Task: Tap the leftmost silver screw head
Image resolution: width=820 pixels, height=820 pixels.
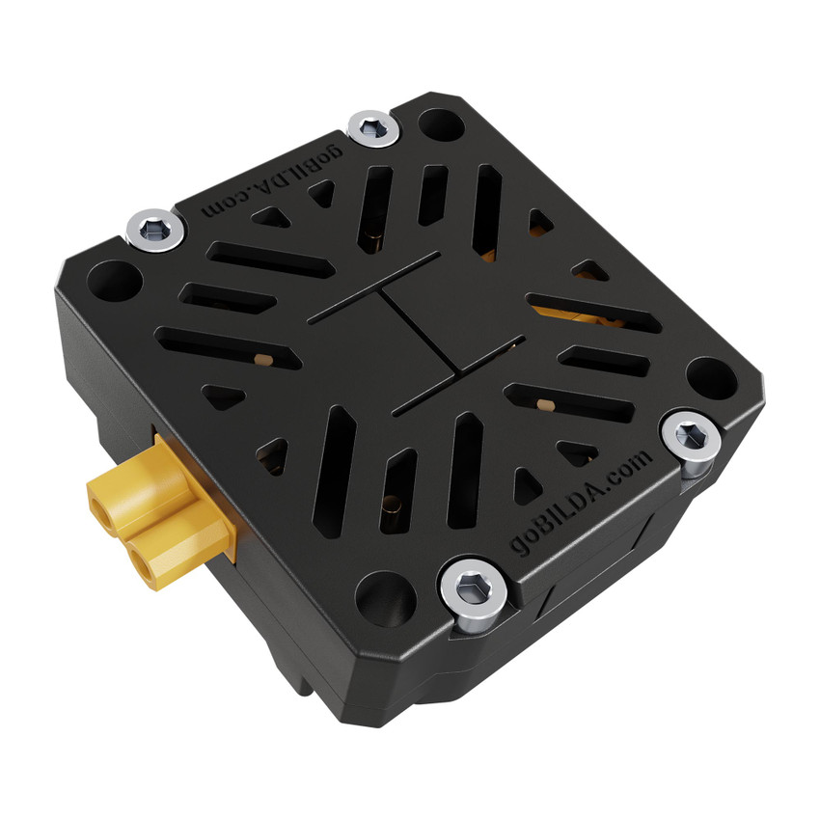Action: point(154,230)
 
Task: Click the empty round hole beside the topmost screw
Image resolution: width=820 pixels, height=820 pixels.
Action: point(441,125)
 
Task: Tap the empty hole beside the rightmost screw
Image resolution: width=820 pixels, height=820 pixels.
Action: point(712,377)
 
